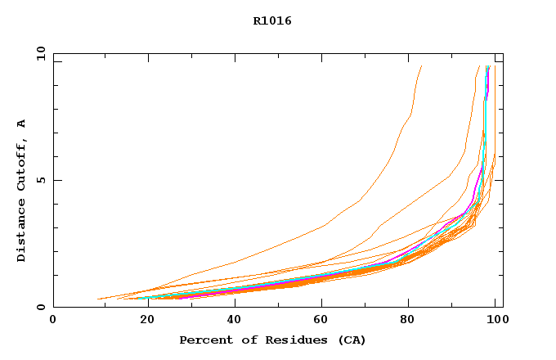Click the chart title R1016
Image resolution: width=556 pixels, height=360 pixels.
click(x=272, y=21)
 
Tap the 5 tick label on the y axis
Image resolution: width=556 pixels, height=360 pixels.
click(x=39, y=180)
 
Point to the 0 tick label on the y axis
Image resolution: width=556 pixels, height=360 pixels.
click(x=39, y=308)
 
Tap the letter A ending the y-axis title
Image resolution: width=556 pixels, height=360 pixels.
click(x=22, y=124)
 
